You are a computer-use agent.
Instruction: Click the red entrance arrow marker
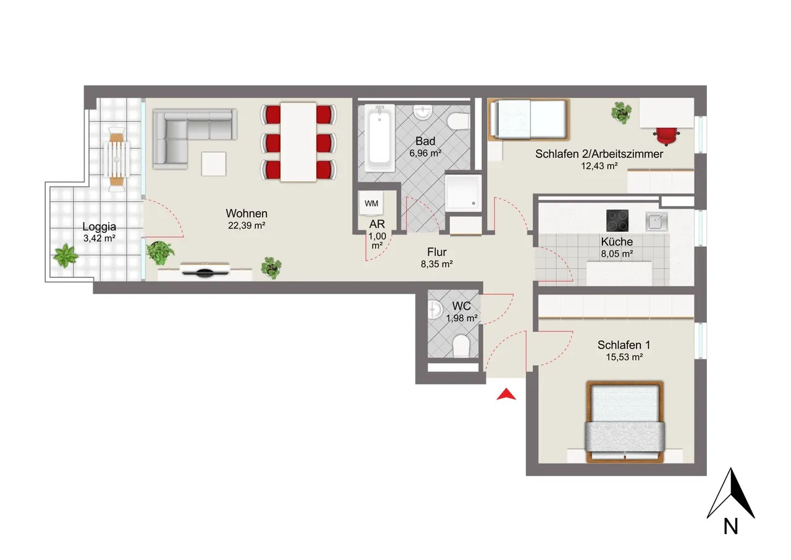click(x=506, y=395)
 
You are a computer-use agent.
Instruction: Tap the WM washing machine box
click(x=371, y=204)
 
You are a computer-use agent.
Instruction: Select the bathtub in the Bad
click(x=379, y=138)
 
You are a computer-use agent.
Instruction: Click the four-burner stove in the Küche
click(x=617, y=221)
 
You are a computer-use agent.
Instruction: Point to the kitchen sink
click(x=656, y=222)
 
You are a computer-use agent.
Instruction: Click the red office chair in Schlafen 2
click(x=666, y=136)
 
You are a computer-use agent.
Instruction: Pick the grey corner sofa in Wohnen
click(x=195, y=138)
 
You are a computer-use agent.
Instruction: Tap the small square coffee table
click(x=214, y=164)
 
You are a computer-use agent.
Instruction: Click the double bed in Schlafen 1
click(x=625, y=422)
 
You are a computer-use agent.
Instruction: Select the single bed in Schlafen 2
click(x=528, y=119)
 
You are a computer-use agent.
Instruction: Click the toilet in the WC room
click(x=460, y=346)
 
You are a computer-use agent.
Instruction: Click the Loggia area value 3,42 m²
click(x=99, y=238)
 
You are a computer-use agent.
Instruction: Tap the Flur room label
click(x=437, y=252)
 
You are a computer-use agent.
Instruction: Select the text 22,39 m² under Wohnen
click(x=247, y=226)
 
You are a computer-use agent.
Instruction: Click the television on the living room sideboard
click(x=205, y=270)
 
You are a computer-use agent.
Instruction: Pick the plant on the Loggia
click(x=66, y=256)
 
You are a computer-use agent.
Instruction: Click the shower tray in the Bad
click(x=463, y=193)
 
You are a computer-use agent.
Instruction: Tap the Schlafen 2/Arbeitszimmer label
click(x=599, y=154)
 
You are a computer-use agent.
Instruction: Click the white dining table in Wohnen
click(x=298, y=142)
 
